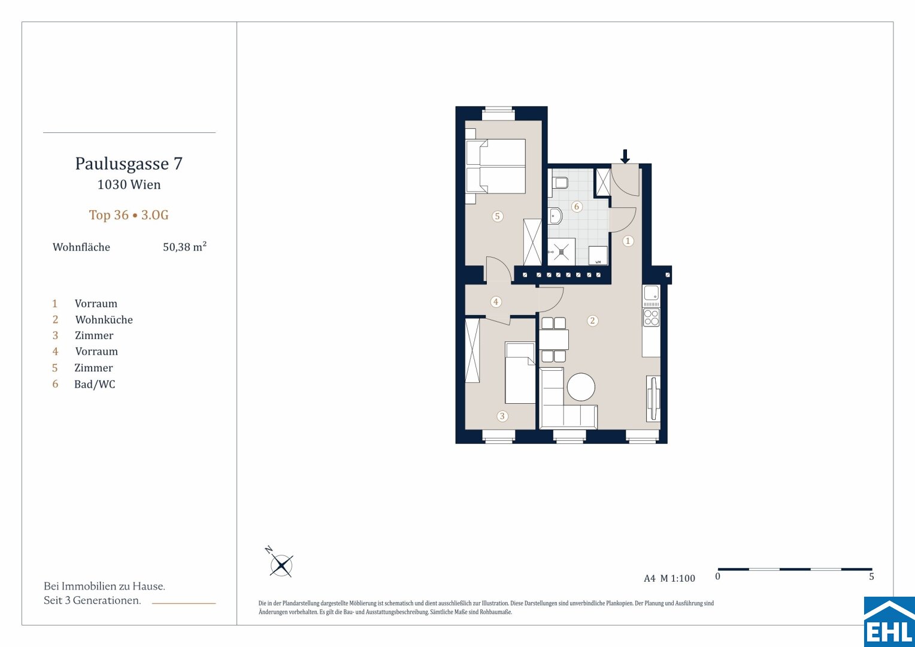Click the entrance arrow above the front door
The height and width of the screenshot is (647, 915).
pyautogui.click(x=625, y=156)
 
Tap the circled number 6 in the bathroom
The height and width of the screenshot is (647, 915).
pyautogui.click(x=577, y=207)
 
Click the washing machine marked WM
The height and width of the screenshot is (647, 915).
pyautogui.click(x=598, y=255)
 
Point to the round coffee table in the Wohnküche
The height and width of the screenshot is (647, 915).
pyautogui.click(x=581, y=386)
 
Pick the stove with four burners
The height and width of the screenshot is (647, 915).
pyautogui.click(x=651, y=318)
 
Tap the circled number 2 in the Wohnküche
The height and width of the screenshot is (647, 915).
pyautogui.click(x=592, y=321)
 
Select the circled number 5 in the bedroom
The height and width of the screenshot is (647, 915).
pyautogui.click(x=497, y=216)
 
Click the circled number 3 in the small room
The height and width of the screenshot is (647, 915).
pyautogui.click(x=502, y=416)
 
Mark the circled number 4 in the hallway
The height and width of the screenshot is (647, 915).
pyautogui.click(x=496, y=301)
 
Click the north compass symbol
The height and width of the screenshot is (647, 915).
pyautogui.click(x=280, y=563)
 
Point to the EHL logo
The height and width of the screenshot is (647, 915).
pyautogui.click(x=889, y=622)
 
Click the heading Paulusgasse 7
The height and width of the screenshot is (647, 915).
pyautogui.click(x=129, y=164)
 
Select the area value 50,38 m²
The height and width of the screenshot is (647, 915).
pyautogui.click(x=184, y=246)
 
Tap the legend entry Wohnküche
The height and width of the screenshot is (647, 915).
pyautogui.click(x=104, y=320)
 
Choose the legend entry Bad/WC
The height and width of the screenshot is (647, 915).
pyautogui.click(x=95, y=384)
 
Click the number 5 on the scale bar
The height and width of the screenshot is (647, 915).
pyautogui.click(x=871, y=576)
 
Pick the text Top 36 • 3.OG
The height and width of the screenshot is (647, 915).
pyautogui.click(x=129, y=215)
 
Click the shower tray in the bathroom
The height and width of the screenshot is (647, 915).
pyautogui.click(x=561, y=252)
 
